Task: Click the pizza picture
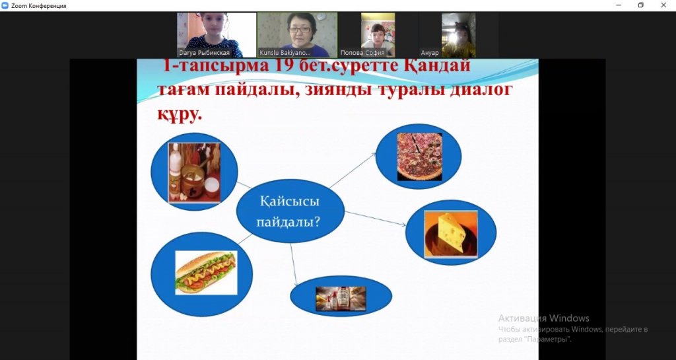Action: pyautogui.click(x=419, y=157)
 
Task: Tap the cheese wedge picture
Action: pyautogui.click(x=451, y=234)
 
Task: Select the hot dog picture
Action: pyautogui.click(x=206, y=273)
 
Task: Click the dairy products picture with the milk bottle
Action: pyautogui.click(x=195, y=172)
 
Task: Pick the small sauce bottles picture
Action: pyautogui.click(x=341, y=299)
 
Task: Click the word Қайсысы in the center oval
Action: pyautogui.click(x=290, y=201)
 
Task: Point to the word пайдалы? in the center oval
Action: pyautogui.click(x=288, y=223)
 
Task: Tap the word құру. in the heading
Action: pyautogui.click(x=179, y=115)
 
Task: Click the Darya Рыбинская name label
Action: pyautogui.click(x=205, y=53)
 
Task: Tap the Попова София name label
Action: pyautogui.click(x=362, y=53)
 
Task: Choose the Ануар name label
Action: pyautogui.click(x=430, y=53)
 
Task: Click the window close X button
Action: pyautogui.click(x=663, y=5)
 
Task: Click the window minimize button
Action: pyautogui.click(x=619, y=5)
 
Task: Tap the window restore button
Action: pyautogui.click(x=641, y=5)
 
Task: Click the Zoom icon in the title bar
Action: pyautogui.click(x=5, y=5)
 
